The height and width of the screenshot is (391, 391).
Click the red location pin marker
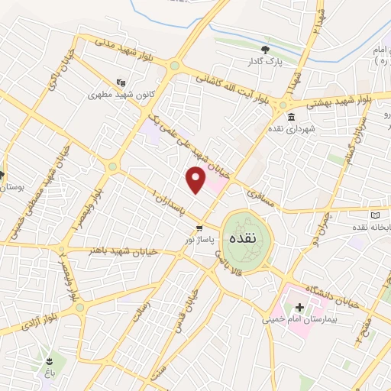coord(196,180)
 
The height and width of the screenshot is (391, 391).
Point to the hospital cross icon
coord(299,308)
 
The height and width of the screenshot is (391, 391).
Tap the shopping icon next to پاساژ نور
coord(199,228)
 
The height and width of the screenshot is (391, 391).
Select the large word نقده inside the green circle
coord(246,238)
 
